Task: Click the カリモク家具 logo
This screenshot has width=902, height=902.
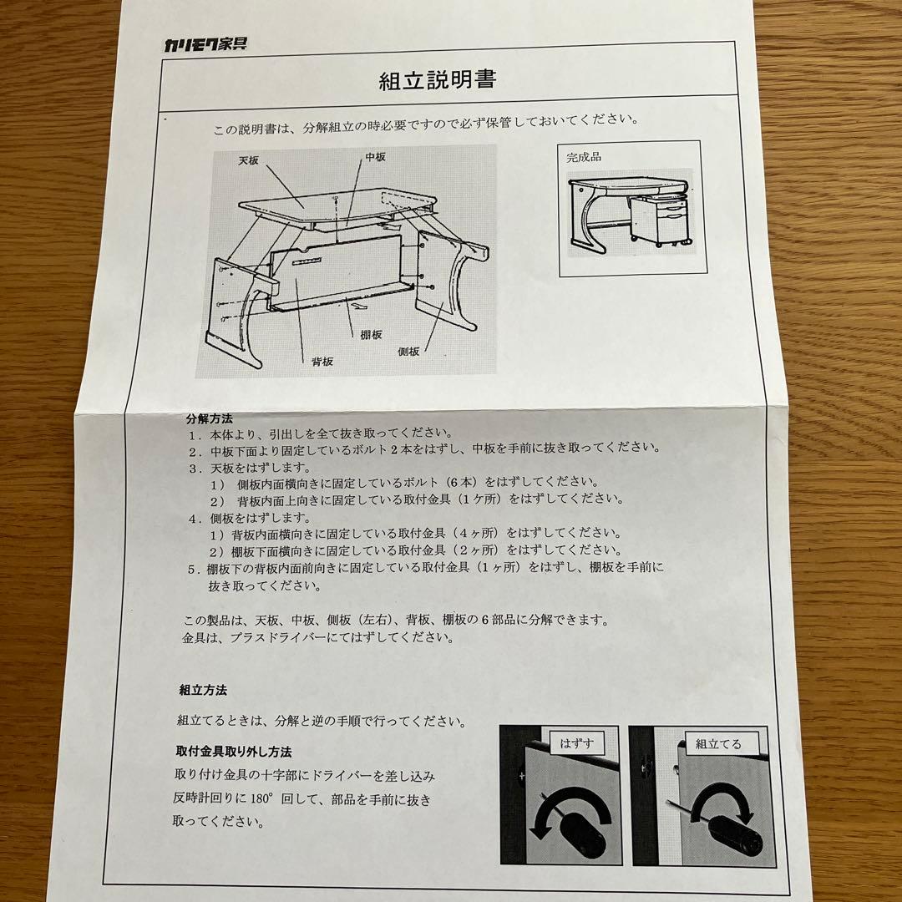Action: [205, 44]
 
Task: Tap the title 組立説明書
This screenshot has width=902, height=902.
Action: [437, 80]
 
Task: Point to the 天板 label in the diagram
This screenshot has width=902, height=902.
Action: [249, 160]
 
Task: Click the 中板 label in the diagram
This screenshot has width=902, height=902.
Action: [375, 156]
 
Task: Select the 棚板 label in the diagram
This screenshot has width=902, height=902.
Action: [371, 334]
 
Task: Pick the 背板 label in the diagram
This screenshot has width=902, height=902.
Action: [322, 362]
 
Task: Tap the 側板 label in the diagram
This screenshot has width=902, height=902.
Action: [408, 351]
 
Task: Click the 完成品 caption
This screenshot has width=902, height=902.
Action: [583, 156]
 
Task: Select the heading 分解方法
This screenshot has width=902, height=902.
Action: [210, 418]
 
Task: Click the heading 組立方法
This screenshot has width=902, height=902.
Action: [202, 690]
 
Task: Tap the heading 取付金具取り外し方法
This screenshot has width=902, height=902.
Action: [234, 752]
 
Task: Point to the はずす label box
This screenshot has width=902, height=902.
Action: [577, 743]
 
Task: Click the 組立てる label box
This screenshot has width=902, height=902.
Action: [718, 744]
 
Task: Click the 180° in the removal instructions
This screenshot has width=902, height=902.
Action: [261, 798]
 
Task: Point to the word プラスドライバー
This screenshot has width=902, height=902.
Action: [278, 637]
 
